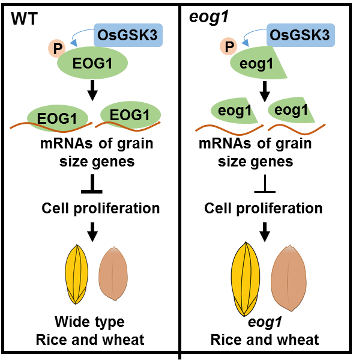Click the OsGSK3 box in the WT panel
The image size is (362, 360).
(127, 35)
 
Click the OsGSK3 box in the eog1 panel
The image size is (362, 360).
(298, 35)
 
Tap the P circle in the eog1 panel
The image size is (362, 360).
(229, 46)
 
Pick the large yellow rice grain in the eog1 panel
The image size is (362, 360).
(246, 279)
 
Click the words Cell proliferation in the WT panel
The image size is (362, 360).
(101, 209)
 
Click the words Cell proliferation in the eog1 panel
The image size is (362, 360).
(264, 209)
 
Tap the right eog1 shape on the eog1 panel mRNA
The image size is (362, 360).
(290, 111)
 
